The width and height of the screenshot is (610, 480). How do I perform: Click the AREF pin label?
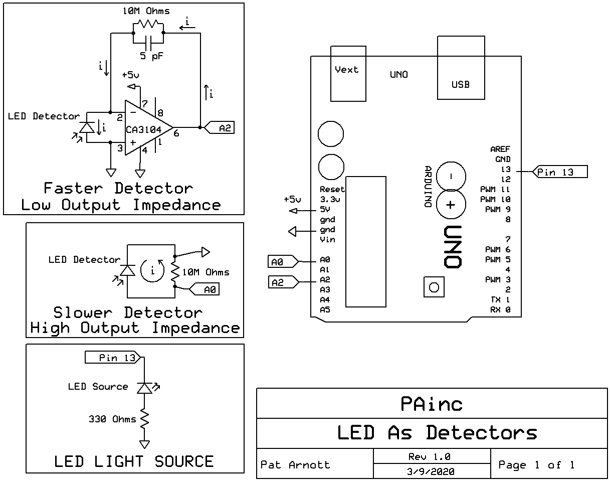500,149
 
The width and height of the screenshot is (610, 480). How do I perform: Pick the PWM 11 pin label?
495,190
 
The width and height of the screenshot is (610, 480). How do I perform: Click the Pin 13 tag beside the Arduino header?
559,172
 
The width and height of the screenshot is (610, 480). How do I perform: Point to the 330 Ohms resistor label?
112,419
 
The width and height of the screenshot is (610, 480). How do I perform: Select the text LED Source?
98,387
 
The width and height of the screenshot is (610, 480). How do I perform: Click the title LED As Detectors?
437,432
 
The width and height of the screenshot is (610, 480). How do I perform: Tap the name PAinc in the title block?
432,403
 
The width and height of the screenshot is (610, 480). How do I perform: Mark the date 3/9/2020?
432,471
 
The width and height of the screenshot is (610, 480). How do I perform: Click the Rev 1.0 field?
430,456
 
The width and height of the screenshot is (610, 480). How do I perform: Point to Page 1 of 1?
536,465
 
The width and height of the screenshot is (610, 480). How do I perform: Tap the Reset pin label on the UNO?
332,190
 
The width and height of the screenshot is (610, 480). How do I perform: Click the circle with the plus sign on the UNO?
451,205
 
